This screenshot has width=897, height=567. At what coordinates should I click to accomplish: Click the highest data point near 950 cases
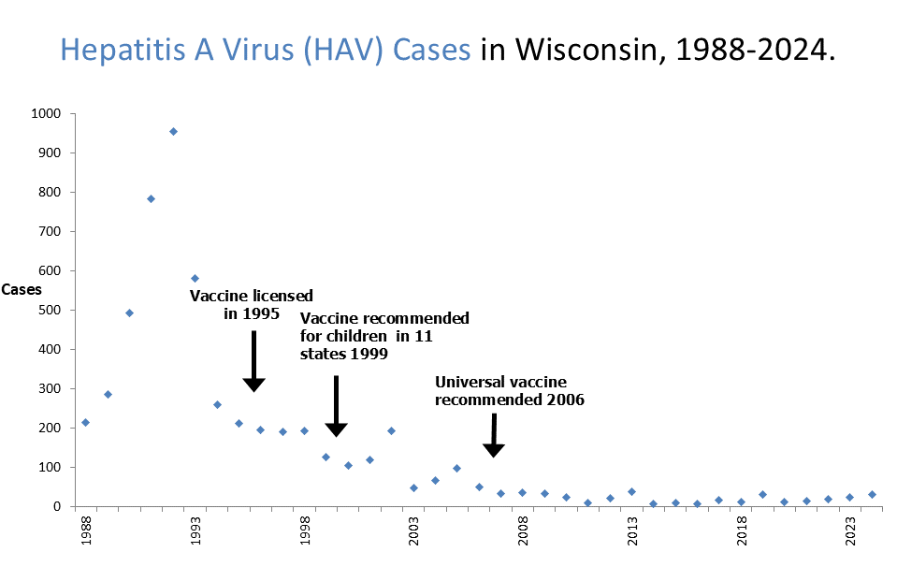point(173,132)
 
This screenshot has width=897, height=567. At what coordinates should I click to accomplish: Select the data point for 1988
point(85,422)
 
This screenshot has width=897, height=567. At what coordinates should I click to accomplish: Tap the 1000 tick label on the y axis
point(45,114)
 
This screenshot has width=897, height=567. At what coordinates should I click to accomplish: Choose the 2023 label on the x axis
point(851,530)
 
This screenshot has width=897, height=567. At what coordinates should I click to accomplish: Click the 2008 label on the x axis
point(523,530)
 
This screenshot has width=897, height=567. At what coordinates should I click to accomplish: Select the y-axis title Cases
point(21,289)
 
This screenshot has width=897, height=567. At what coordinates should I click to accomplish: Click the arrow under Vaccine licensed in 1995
point(253,361)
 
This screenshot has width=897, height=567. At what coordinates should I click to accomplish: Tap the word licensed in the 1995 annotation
point(280,296)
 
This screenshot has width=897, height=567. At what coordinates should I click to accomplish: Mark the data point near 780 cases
point(151,198)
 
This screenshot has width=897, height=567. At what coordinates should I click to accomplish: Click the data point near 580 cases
point(195,278)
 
